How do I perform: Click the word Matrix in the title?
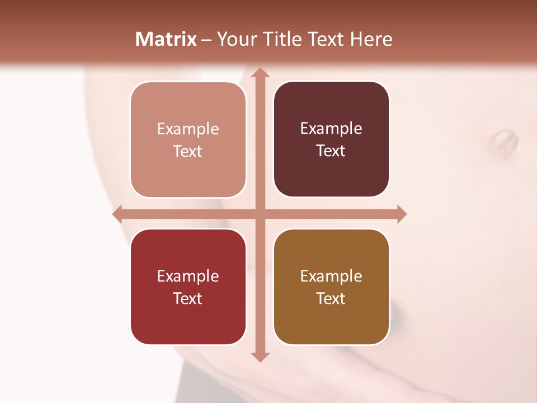(x=166, y=39)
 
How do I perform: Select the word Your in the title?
(x=235, y=39)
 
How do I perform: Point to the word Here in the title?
(x=371, y=39)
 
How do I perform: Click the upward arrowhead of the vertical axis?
(x=260, y=73)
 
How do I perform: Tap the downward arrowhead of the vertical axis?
(x=260, y=357)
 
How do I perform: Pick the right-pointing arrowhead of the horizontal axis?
(x=401, y=214)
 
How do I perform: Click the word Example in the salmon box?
(x=188, y=129)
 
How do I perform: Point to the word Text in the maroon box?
(x=331, y=151)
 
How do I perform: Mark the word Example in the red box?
(x=188, y=276)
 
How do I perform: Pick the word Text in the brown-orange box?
(x=331, y=298)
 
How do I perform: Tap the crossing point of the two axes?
(x=260, y=214)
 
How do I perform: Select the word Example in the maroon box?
(x=331, y=128)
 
